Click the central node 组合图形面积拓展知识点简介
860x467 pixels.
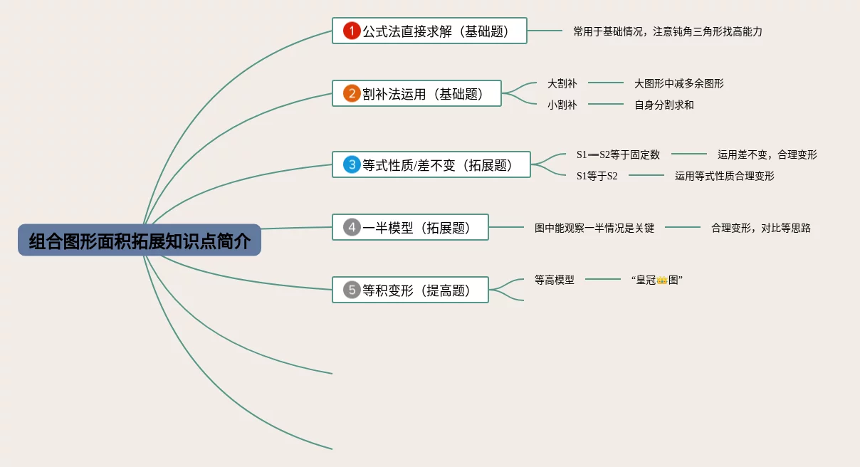click(140, 241)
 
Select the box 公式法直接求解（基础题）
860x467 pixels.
click(429, 31)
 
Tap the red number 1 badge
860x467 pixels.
click(352, 31)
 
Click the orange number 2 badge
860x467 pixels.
click(352, 93)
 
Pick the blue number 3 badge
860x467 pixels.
click(352, 164)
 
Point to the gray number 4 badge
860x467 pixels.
click(352, 227)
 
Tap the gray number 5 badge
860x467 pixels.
click(352, 290)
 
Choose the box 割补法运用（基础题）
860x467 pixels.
click(416, 93)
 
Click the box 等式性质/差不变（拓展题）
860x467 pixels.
click(431, 164)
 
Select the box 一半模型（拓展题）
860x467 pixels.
click(410, 227)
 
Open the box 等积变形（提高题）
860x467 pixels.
click(410, 290)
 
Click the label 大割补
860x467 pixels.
click(562, 83)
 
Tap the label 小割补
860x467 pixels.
click(562, 105)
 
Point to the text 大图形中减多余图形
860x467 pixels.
click(678, 83)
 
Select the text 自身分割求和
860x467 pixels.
click(664, 105)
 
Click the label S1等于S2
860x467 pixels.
click(597, 176)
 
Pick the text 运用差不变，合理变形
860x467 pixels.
click(767, 154)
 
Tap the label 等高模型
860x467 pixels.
click(554, 280)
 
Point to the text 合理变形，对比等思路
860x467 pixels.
click(760, 229)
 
